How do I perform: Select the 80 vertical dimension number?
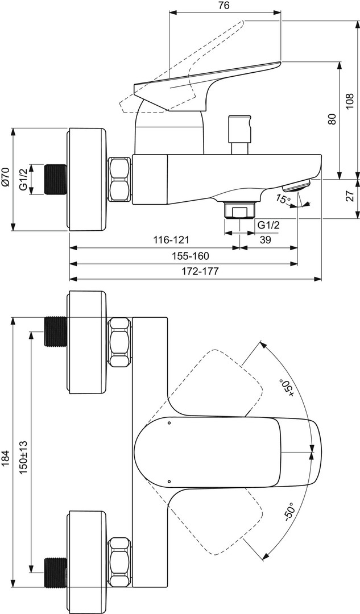(332, 119)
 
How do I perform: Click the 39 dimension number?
(265, 240)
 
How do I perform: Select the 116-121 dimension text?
(175, 240)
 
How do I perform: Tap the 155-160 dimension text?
(191, 256)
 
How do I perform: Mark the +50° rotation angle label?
(288, 388)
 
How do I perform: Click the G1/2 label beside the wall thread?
(23, 179)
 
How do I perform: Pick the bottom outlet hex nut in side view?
(240, 211)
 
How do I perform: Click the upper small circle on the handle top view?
(169, 423)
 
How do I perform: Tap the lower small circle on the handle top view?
(169, 481)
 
